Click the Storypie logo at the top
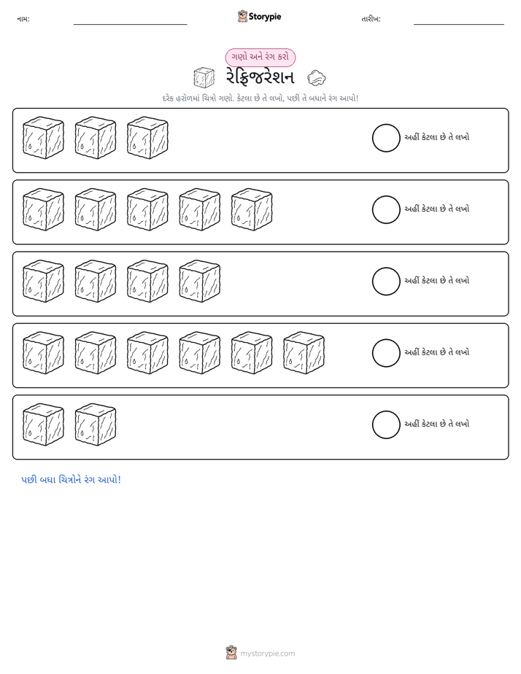(x=259, y=16)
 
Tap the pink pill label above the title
(x=260, y=57)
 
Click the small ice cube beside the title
(x=204, y=78)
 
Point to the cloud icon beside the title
(x=317, y=78)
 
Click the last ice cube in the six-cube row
(x=304, y=353)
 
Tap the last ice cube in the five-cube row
(x=252, y=210)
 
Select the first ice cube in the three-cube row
(x=44, y=138)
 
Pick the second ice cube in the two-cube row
(x=96, y=425)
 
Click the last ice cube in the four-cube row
(x=200, y=281)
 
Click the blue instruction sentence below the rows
(x=71, y=480)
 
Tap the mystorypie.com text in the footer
(x=267, y=654)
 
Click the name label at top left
(x=23, y=19)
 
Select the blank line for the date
(x=459, y=24)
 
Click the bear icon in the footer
(x=231, y=653)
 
